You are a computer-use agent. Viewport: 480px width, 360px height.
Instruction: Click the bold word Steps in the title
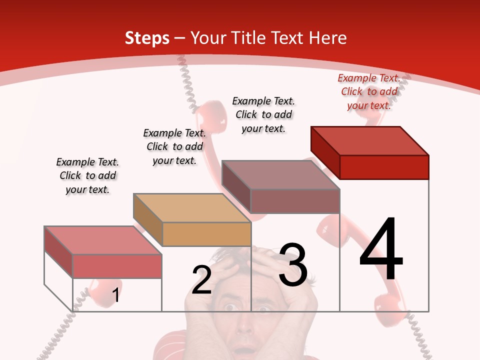pos(147,38)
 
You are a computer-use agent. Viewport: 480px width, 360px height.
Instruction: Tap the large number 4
pos(381,250)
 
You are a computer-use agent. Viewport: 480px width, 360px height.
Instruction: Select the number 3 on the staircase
pos(293,265)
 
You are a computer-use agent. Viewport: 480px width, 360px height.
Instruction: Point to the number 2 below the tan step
pos(202,280)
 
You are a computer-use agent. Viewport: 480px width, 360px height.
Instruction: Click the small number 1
pos(116,295)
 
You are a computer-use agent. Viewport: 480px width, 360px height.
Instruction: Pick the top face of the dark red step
pos(370,140)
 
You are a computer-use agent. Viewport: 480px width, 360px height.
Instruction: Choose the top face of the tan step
pos(192,207)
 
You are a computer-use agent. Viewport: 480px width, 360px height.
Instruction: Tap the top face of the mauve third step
pos(281,174)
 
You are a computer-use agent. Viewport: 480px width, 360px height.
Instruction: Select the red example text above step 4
pos(369,91)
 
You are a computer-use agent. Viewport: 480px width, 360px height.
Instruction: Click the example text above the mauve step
pos(263,114)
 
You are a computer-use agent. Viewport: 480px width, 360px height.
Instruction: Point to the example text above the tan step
pos(174,146)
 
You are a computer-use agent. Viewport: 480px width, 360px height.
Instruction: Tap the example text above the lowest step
pos(87,175)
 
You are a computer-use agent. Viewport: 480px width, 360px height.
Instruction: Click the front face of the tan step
pos(206,234)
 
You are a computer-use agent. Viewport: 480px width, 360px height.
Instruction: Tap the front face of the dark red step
pos(384,167)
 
